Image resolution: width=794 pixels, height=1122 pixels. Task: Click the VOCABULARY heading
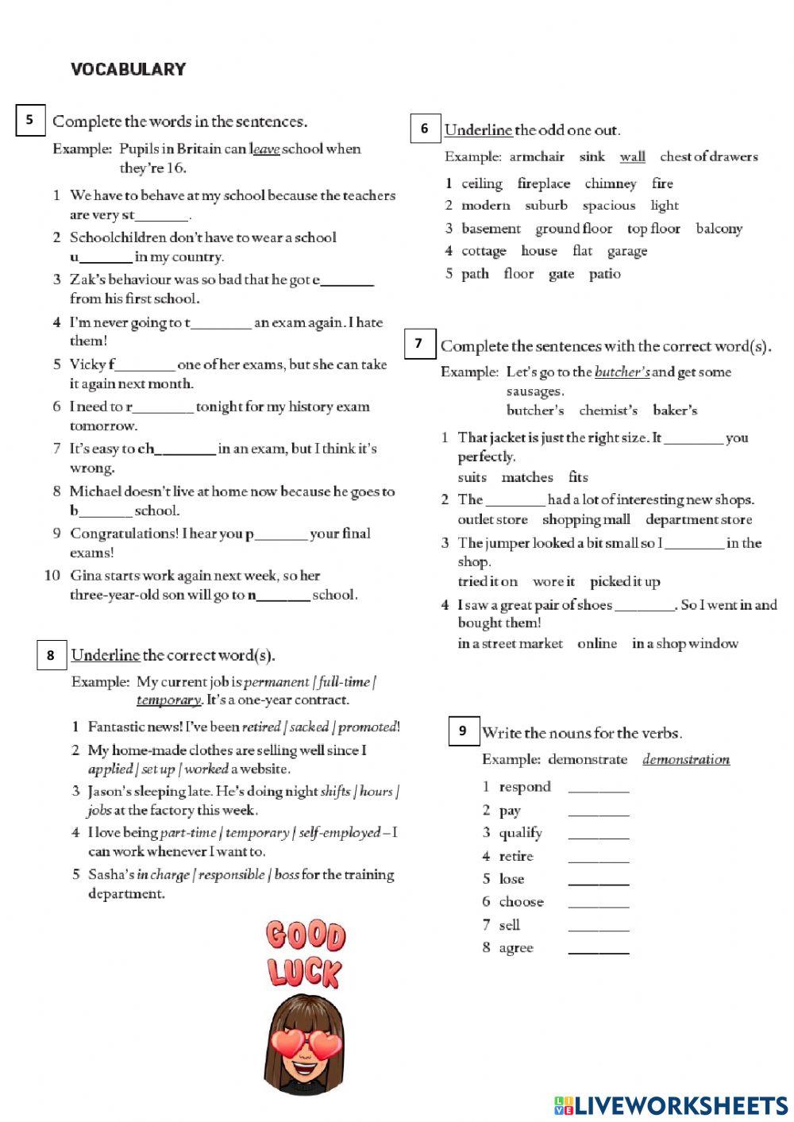coord(128,69)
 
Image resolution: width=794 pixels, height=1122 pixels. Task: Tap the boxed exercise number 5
coord(30,120)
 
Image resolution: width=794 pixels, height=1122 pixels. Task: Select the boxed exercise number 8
coord(51,655)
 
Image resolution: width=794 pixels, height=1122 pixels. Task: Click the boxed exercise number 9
coord(463,731)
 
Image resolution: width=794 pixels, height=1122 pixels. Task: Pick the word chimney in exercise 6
coord(610,183)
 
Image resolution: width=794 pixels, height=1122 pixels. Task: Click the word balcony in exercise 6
coord(719,229)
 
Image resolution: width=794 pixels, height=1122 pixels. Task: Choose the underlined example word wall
coord(632,157)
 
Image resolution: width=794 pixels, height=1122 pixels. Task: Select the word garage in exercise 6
coord(626,251)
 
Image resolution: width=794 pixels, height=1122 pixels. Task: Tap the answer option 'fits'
coord(578,477)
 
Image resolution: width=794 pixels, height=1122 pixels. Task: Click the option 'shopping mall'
coord(586,520)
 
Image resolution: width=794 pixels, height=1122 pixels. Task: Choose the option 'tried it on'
coord(487,582)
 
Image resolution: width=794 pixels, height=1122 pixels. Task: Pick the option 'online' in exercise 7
coord(597,644)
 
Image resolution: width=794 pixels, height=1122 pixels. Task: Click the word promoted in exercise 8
coord(367,727)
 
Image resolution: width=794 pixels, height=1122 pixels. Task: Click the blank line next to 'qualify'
coord(599,835)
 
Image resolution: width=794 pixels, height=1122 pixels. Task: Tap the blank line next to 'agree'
coord(599,950)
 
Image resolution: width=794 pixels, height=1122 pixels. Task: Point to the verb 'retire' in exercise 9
coord(516,857)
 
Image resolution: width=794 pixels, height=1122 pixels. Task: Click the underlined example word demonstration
coord(685,760)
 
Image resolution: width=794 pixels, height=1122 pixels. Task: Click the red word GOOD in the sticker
coord(306,935)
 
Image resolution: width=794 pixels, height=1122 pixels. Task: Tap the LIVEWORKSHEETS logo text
coord(680,1105)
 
